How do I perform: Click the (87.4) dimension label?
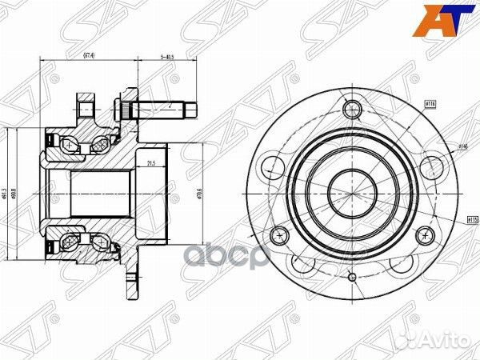pos(90,55)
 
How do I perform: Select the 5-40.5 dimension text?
pos(167,55)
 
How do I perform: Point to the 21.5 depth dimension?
pos(151,164)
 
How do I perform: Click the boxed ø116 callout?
pos(430,105)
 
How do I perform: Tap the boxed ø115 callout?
pos(472,218)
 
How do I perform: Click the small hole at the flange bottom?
pos(351,277)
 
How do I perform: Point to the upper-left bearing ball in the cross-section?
pos(67,145)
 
